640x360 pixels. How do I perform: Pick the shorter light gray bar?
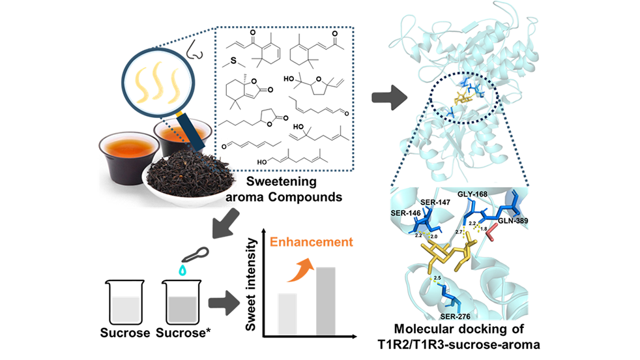coord(287,314)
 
